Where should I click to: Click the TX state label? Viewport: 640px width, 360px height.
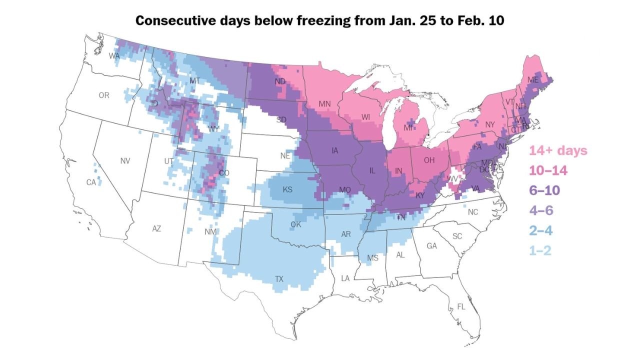[x=279, y=279]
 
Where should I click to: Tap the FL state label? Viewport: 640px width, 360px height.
[x=461, y=307]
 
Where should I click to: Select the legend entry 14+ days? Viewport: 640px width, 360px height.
[x=558, y=150]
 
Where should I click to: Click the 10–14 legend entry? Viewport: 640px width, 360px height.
[x=548, y=170]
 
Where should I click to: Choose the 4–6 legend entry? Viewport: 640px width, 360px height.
[x=540, y=210]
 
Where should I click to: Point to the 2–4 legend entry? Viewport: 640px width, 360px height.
[x=540, y=230]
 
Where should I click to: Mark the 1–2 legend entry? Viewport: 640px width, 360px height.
[x=540, y=250]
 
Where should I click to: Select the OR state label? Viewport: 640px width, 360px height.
[x=104, y=95]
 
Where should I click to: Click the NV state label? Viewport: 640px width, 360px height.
[x=125, y=161]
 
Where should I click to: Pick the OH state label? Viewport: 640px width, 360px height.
[x=429, y=160]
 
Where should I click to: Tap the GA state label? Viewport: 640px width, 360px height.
[x=432, y=246]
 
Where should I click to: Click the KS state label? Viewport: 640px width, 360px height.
[x=287, y=190]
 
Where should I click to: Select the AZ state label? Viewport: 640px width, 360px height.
[x=156, y=228]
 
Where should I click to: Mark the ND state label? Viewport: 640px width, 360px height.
[x=280, y=81]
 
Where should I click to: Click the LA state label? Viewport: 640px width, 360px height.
[x=345, y=277]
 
